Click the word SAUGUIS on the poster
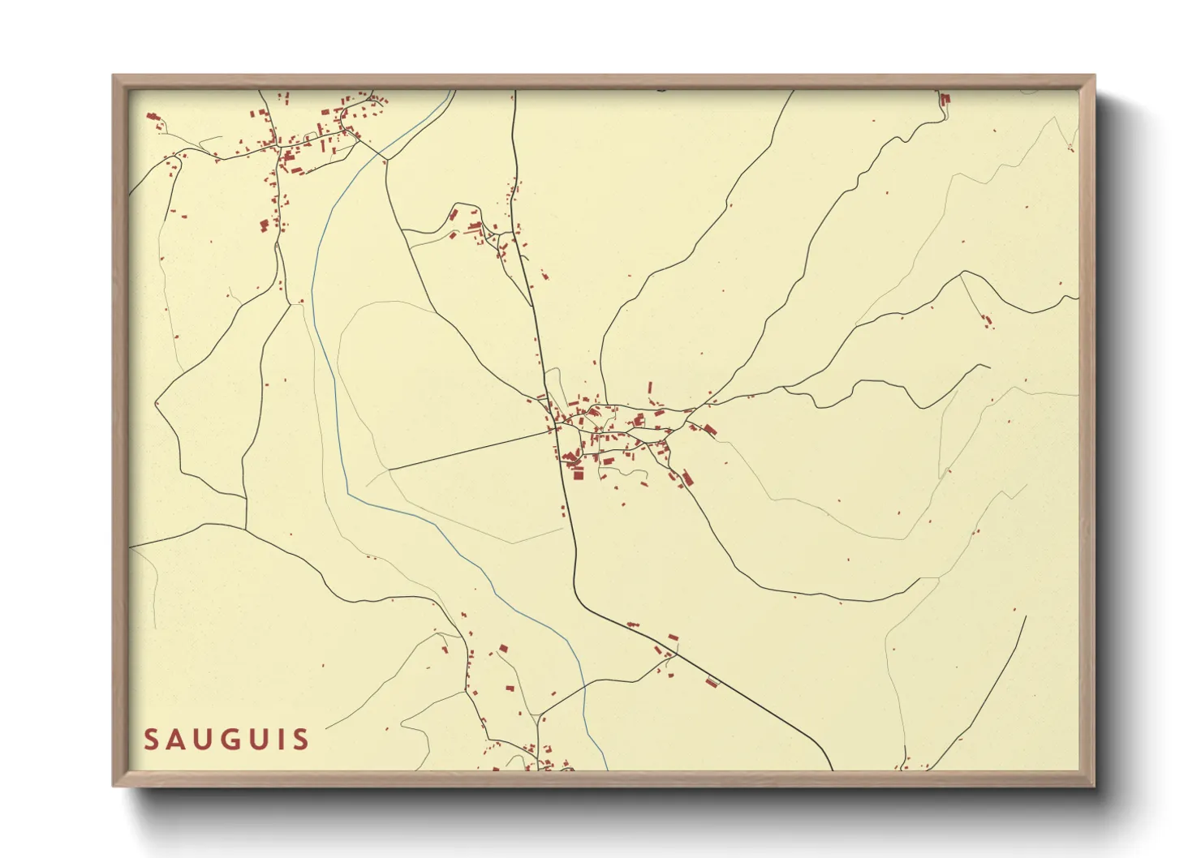[x=226, y=740]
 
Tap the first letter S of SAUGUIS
[x=151, y=740]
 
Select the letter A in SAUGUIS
[x=175, y=740]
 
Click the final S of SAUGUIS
[x=300, y=740]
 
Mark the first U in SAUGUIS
[x=201, y=740]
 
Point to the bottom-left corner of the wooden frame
[x=114, y=784]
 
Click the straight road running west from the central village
[x=471, y=449]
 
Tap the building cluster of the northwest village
[x=308, y=138]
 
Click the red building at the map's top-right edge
[x=945, y=99]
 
